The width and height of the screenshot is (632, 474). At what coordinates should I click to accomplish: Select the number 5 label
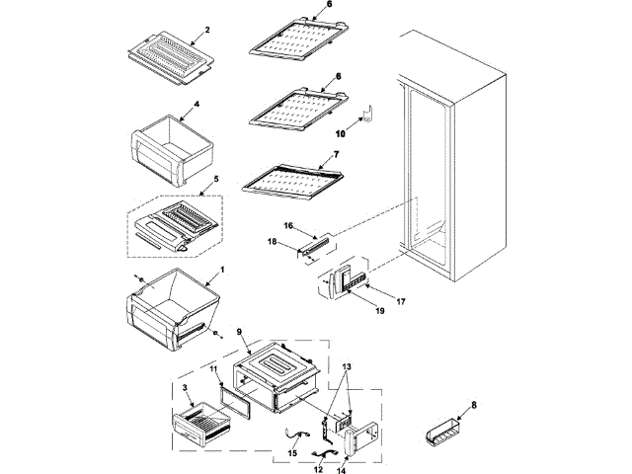(x=204, y=181)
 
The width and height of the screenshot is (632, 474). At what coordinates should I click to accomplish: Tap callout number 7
(x=336, y=155)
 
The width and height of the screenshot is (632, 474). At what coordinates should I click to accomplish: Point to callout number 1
(x=221, y=270)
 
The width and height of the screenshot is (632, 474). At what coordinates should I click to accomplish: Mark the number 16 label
(x=289, y=226)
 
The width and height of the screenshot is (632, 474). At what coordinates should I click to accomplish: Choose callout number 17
(x=402, y=299)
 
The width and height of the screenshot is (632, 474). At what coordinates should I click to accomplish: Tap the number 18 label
(x=273, y=240)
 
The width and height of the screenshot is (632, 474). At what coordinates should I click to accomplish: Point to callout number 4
(x=197, y=104)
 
